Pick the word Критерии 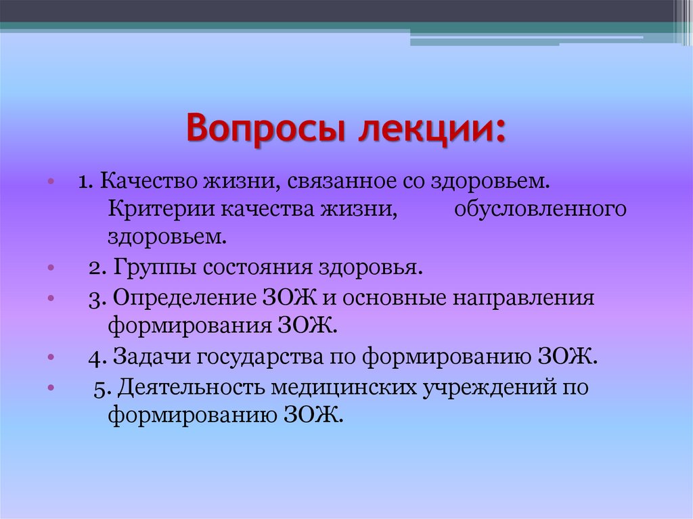159,210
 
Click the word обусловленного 540,210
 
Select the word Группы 142,267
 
